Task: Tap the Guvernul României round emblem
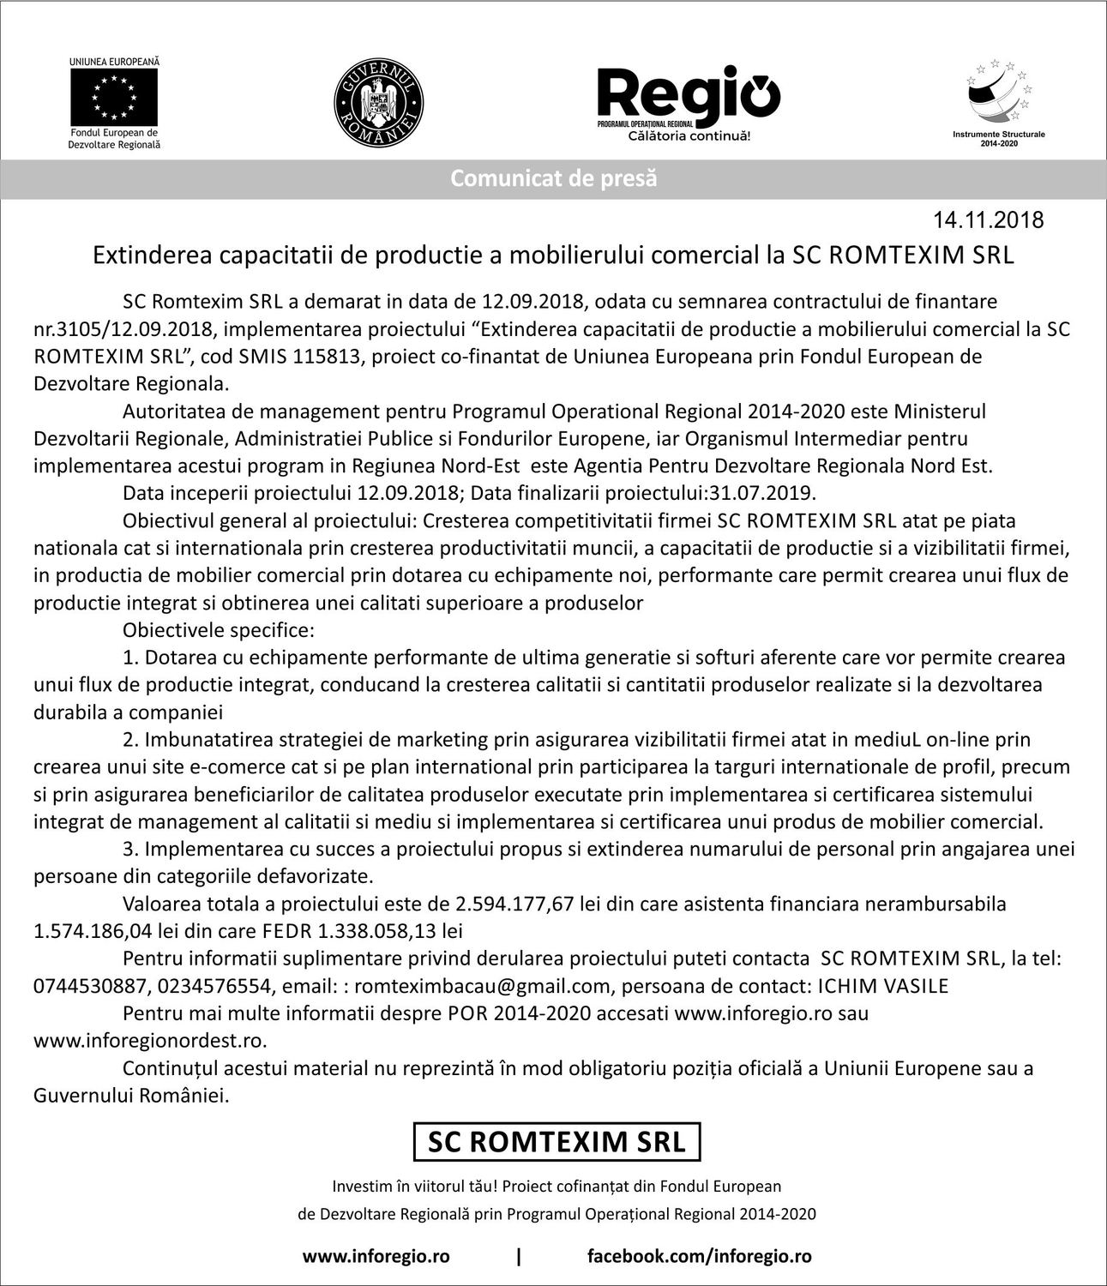click(x=377, y=102)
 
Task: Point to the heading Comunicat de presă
click(x=553, y=178)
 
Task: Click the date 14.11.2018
click(x=989, y=220)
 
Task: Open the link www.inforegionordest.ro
click(x=149, y=1041)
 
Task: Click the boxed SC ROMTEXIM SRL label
click(x=557, y=1141)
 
